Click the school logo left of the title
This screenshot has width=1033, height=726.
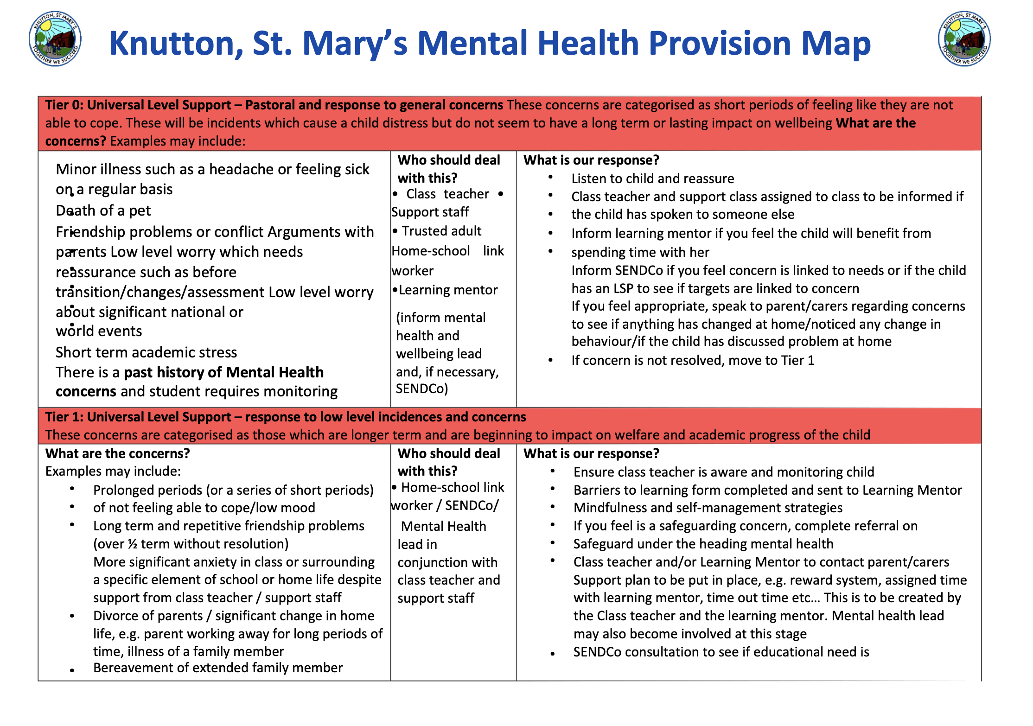tap(55, 39)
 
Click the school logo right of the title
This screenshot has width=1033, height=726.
tap(964, 39)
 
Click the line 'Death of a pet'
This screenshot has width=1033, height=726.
tap(103, 210)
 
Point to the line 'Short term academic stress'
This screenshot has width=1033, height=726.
tap(146, 352)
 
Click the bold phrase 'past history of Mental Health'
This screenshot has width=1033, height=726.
tap(223, 372)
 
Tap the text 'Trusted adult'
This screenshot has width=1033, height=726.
tap(441, 231)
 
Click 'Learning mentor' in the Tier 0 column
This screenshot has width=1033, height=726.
tap(448, 290)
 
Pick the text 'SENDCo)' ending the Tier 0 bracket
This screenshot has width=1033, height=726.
tap(421, 388)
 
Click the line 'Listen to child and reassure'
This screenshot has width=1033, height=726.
tap(652, 178)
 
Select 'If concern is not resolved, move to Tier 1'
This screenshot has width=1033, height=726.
tap(693, 360)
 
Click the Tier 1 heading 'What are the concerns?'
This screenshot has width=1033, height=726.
tap(118, 453)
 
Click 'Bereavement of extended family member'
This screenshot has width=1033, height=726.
tap(218, 668)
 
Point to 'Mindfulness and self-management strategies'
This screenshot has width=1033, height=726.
tap(708, 508)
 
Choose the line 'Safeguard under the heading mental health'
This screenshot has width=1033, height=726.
tap(703, 544)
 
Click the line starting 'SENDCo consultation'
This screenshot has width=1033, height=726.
tap(721, 652)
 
